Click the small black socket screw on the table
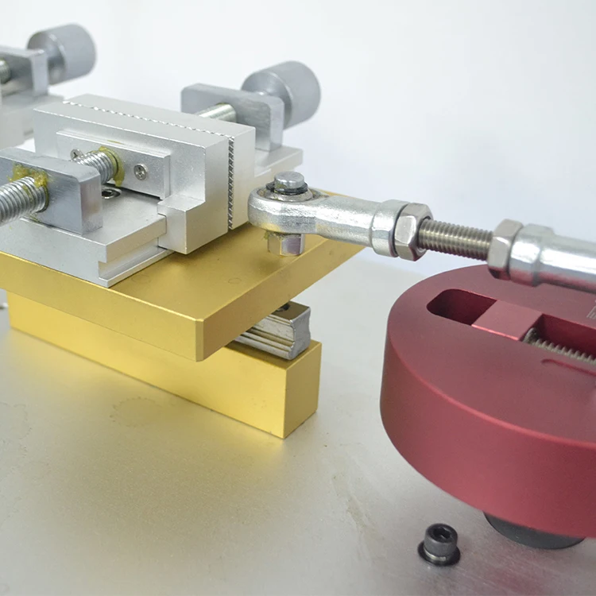tap(439, 544)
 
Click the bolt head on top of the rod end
tap(290, 182)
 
